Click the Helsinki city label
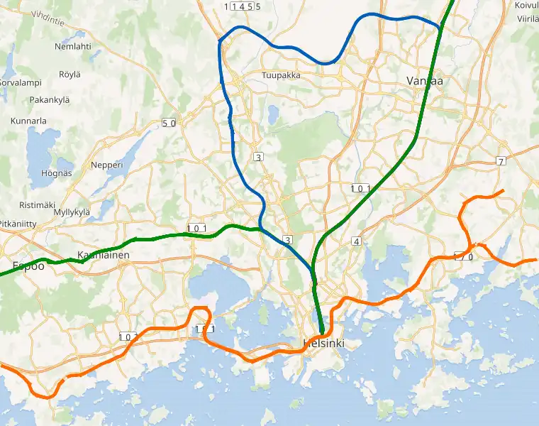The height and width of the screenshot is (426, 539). point(323,344)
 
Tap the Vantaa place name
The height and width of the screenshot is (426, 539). point(425,81)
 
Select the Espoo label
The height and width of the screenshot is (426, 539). point(28,267)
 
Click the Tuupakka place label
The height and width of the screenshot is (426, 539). point(281,75)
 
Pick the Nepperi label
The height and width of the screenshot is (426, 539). point(107,165)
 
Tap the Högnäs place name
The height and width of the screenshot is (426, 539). point(57,173)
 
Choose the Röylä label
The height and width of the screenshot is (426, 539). point(70,74)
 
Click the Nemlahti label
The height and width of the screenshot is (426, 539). point(73,46)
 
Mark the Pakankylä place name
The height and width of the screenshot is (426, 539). point(50,100)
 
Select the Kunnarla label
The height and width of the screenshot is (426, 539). point(28,121)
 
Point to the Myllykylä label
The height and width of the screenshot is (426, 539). point(72,212)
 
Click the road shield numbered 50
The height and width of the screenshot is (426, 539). point(169,123)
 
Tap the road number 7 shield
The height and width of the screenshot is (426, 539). point(501,161)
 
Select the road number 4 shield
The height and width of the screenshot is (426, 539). point(356,242)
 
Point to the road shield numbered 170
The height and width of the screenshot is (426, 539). point(463,256)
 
